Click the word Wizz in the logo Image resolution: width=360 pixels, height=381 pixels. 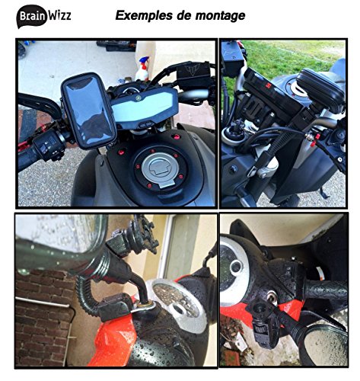pos(60,14)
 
